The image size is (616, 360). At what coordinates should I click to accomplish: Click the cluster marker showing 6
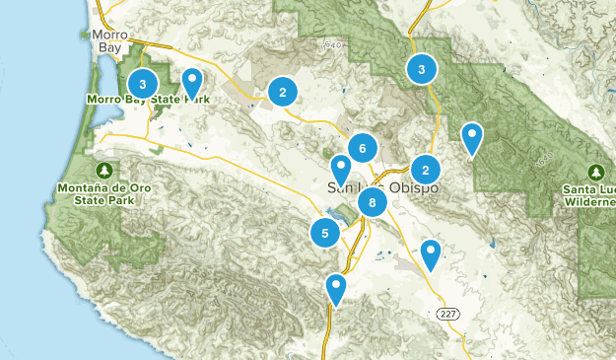[x=363, y=149]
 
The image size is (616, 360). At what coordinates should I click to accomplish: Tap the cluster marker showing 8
[x=372, y=204]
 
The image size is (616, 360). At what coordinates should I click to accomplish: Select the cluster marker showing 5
[x=324, y=233]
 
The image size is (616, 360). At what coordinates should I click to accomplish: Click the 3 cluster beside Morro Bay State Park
[x=143, y=84]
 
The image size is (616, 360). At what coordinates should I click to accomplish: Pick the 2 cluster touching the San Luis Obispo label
[x=425, y=169]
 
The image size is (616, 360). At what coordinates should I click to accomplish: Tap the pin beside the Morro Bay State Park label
[x=192, y=83]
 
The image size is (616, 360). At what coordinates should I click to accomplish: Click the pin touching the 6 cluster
[x=340, y=169]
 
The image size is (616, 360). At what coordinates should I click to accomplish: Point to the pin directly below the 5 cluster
[x=336, y=288]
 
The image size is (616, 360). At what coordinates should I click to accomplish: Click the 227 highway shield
[x=448, y=312]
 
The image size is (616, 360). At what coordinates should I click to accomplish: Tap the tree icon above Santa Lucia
[x=596, y=171]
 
